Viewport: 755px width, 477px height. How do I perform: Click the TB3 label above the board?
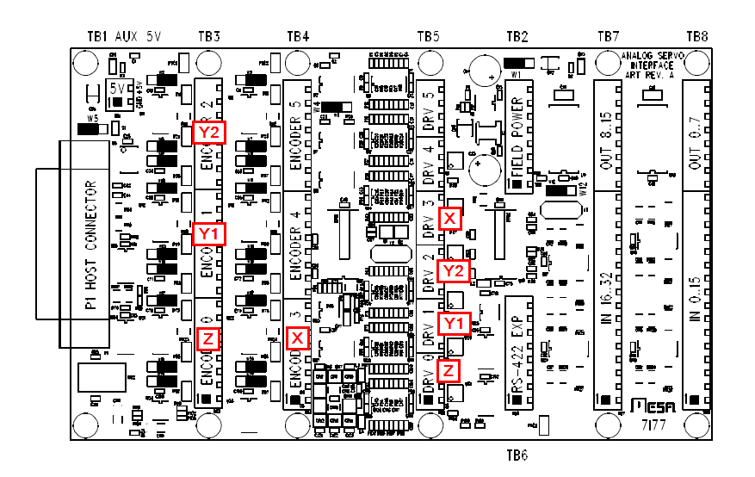209,37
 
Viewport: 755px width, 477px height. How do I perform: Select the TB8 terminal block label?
697,37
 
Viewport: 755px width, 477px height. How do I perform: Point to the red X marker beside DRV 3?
449,218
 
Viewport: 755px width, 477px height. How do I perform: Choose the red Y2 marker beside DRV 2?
454,271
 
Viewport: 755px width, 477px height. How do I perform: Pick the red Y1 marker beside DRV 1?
454,323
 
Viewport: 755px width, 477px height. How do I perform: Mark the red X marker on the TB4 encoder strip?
297,338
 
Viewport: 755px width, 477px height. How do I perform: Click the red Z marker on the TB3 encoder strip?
208,338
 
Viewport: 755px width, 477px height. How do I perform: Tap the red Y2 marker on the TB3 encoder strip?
209,132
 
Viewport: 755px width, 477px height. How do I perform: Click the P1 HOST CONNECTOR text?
91,245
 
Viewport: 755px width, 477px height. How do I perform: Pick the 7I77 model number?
652,424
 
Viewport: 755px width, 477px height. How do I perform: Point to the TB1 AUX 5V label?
125,37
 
